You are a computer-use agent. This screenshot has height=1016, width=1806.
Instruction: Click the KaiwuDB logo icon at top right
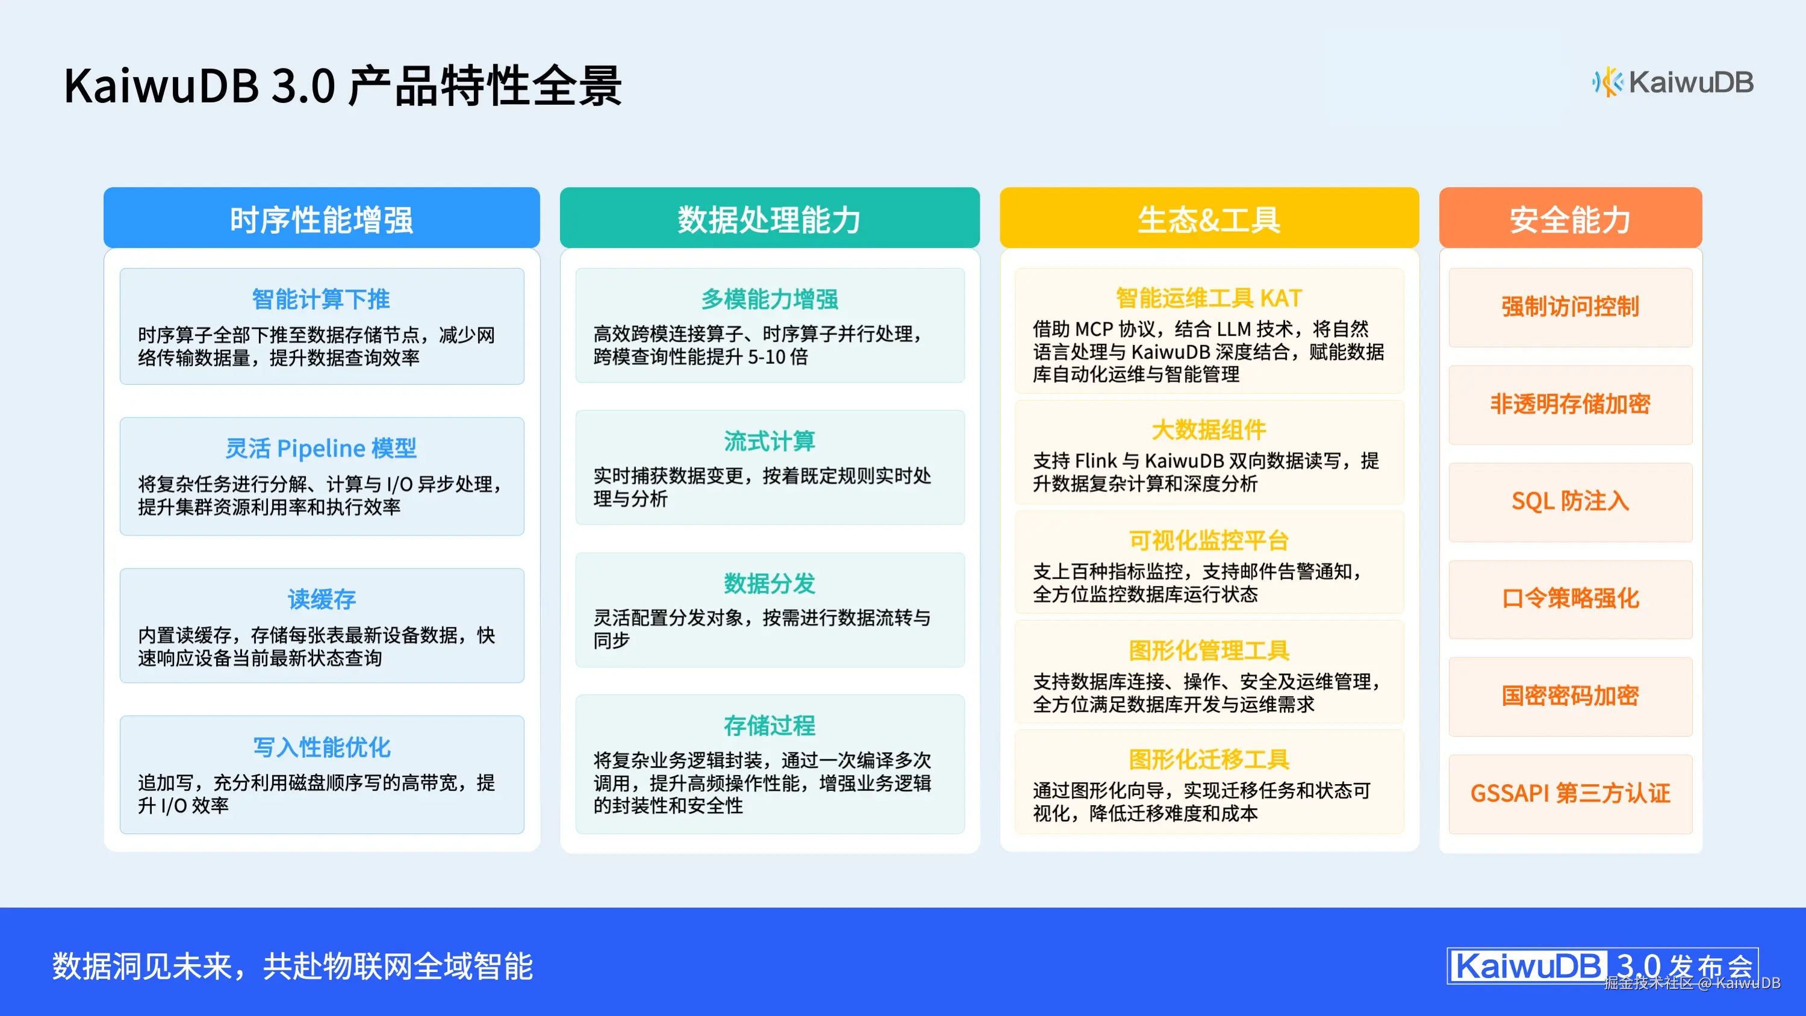(1606, 83)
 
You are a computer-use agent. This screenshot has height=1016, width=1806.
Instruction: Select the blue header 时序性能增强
(321, 219)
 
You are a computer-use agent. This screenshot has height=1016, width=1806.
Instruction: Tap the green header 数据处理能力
(769, 219)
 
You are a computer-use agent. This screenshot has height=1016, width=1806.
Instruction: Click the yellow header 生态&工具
(1209, 219)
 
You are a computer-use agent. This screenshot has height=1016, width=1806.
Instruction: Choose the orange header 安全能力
(1570, 219)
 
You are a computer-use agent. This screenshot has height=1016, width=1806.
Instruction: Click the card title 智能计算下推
(321, 299)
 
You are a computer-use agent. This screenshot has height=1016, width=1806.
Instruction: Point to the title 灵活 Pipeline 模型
(321, 448)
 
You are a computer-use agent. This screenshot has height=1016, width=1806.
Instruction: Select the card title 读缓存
(321, 599)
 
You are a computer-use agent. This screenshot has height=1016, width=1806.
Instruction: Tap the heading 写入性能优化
(321, 747)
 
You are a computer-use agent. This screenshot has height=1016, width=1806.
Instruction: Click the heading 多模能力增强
(769, 299)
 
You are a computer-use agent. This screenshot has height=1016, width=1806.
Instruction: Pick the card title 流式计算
(769, 441)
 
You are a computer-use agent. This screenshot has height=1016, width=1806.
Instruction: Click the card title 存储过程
(769, 726)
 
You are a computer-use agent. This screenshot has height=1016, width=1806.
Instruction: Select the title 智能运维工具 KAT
(1209, 298)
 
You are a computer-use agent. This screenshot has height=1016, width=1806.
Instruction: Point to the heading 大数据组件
(1209, 430)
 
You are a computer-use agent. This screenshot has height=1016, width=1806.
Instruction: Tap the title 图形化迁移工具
(1209, 759)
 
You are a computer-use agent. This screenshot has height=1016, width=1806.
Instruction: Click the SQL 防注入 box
(1570, 501)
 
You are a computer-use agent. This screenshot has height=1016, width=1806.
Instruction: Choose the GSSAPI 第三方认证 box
(1570, 793)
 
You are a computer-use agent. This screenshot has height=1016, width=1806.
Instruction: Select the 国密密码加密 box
(1570, 696)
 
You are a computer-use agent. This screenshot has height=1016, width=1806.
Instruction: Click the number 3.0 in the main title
(303, 86)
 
